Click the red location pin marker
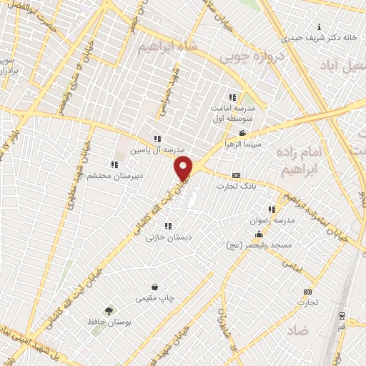[x=184, y=169]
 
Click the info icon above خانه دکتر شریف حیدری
[x=319, y=27]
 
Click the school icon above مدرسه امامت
[x=232, y=97]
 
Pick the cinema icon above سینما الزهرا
[x=242, y=133]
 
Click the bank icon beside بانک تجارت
[x=235, y=175]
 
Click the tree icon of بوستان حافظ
[x=109, y=310]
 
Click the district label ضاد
[x=299, y=331]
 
